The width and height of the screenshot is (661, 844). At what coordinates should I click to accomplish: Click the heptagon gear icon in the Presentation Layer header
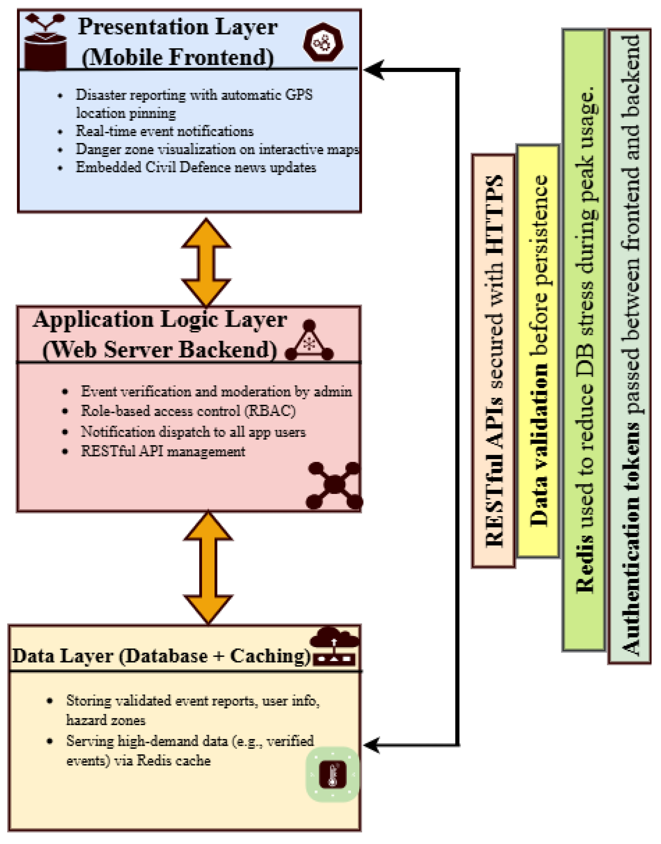[x=324, y=42]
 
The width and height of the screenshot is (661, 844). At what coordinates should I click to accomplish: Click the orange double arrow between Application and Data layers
[x=208, y=568]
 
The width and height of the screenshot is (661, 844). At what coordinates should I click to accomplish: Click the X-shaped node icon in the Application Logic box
[x=334, y=484]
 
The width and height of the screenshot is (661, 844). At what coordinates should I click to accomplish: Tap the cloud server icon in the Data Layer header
[x=335, y=646]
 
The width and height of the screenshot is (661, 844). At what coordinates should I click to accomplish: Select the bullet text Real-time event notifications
[x=164, y=131]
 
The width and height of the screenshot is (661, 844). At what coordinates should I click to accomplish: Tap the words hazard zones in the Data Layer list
[x=106, y=720]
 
